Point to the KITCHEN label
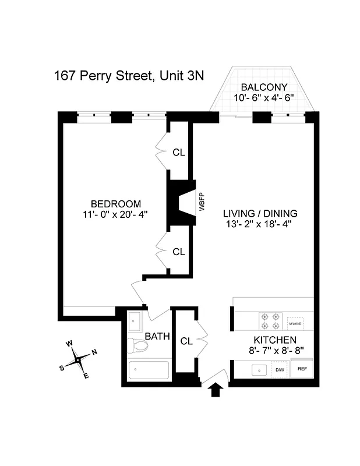tap(275, 340)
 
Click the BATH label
tap(157, 336)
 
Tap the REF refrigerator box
tap(302, 369)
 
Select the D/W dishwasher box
tap(279, 369)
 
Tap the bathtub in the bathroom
tap(149, 370)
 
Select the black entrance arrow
tap(215, 390)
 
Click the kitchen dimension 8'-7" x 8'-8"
tap(275, 351)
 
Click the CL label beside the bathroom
tap(186, 341)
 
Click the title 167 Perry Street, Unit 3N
tap(129, 75)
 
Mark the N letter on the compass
tap(94, 352)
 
